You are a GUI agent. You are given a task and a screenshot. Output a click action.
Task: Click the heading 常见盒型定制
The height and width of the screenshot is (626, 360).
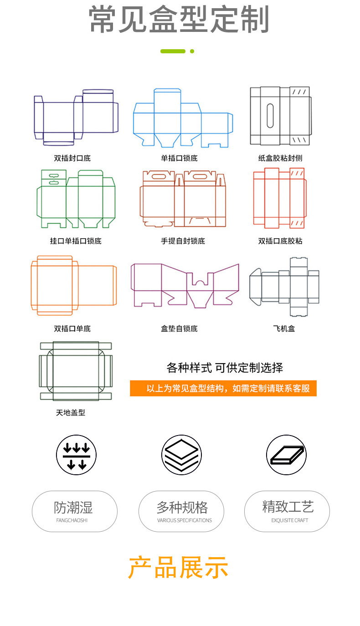click(179, 20)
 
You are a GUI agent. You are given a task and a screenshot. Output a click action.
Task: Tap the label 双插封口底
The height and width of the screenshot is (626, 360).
click(72, 158)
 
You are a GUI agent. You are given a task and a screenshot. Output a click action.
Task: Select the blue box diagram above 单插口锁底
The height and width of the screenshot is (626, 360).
click(182, 118)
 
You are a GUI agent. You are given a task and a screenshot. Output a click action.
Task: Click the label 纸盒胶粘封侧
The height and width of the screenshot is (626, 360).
click(280, 158)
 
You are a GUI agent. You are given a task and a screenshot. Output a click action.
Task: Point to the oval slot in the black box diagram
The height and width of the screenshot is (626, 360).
click(270, 116)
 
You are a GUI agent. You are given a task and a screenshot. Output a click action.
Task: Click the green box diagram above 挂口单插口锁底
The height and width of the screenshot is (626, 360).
click(76, 199)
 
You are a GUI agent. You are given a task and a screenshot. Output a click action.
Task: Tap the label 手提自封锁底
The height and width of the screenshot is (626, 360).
click(183, 241)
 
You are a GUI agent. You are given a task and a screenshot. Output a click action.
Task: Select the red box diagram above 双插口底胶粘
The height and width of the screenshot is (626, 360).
click(279, 198)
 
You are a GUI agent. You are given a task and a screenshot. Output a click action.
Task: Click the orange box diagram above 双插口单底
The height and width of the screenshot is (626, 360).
click(73, 286)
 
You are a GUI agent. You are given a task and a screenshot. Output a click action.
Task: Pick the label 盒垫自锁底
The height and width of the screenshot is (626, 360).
click(179, 328)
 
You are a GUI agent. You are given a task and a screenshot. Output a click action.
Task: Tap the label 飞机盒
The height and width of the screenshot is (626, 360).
click(283, 328)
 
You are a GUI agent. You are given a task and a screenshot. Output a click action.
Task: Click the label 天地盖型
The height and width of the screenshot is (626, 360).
click(71, 413)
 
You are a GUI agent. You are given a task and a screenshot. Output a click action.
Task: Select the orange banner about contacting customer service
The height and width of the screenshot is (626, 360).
click(223, 389)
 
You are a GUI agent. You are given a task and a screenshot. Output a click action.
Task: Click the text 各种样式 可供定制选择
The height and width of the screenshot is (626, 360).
click(225, 368)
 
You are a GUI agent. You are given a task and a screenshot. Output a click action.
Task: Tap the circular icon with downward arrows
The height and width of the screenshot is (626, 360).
click(76, 455)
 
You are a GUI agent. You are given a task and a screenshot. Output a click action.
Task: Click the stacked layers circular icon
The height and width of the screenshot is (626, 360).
click(181, 455)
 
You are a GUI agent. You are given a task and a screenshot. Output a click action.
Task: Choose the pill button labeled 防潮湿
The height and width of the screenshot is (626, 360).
click(74, 511)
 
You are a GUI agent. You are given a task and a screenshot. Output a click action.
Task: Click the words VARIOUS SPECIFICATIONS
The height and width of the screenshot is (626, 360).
click(184, 520)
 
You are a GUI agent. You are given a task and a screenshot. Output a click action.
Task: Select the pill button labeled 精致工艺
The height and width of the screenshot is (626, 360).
click(287, 511)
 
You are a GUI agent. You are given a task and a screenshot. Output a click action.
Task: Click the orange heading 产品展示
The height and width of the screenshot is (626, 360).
click(178, 568)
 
